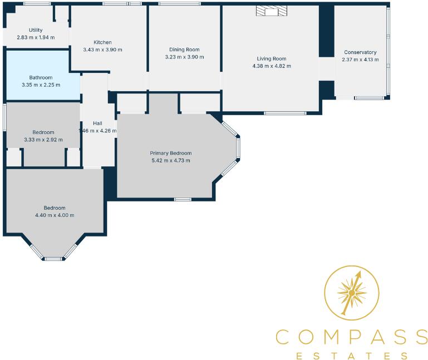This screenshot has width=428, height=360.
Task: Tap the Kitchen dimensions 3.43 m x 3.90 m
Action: [x=102, y=50]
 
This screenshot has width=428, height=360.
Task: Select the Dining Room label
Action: [x=185, y=50]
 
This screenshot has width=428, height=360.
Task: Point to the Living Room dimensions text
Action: [x=272, y=66]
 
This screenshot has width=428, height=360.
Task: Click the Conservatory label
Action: [x=360, y=52]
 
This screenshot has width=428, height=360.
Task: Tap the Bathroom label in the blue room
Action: [x=41, y=77]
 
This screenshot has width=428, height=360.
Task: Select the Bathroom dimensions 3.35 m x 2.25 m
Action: [x=41, y=85]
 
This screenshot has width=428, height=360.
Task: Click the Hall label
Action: [x=97, y=124]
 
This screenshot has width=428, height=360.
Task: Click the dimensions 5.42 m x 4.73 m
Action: [x=171, y=160]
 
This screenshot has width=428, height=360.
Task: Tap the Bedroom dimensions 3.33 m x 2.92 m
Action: [x=43, y=140]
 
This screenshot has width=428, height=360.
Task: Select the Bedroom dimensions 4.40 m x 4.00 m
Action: [x=55, y=215]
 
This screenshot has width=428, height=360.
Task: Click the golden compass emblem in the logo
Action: [x=352, y=292]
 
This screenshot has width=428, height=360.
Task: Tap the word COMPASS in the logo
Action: [x=352, y=337]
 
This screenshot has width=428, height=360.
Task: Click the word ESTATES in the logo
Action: [x=352, y=355]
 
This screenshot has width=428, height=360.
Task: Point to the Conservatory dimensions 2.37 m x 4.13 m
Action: [x=360, y=60]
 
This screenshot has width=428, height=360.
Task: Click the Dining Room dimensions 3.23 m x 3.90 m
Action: [x=185, y=57]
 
